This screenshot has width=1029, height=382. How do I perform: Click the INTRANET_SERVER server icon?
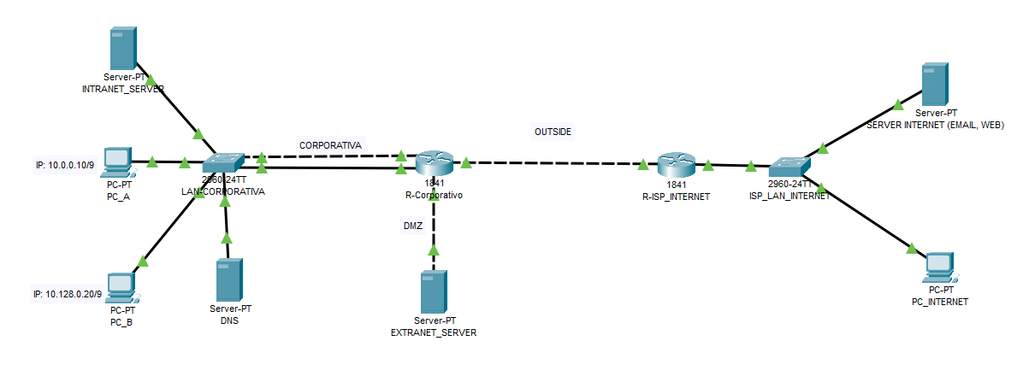(x=124, y=48)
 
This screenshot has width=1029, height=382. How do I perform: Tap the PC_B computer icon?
(x=121, y=288)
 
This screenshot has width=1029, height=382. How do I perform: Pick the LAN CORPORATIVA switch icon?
(x=224, y=163)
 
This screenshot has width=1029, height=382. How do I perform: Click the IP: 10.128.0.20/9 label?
(x=68, y=294)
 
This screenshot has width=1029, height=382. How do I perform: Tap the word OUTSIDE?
(x=553, y=132)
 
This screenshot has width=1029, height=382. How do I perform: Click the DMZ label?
(x=412, y=226)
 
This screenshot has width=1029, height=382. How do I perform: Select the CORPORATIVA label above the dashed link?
(x=330, y=146)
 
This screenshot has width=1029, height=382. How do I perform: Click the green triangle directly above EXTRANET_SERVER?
(x=434, y=251)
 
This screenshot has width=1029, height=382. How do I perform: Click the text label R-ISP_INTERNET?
(x=677, y=196)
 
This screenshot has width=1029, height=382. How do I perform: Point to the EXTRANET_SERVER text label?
(x=433, y=332)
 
